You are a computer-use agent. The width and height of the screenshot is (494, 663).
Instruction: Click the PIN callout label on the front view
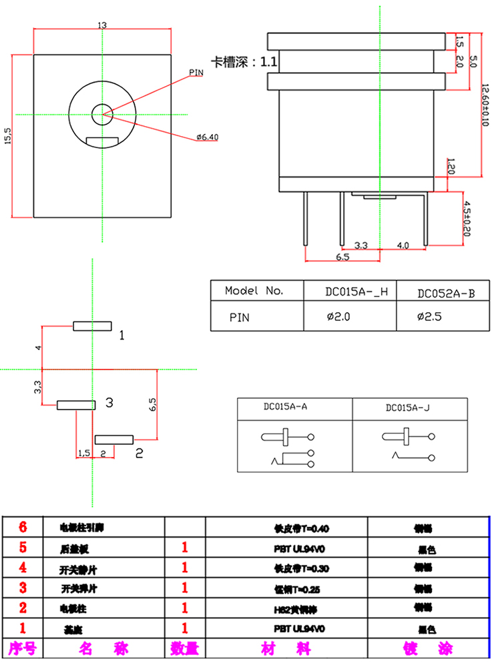[196, 71]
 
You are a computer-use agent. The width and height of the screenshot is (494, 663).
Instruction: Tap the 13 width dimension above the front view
[102, 25]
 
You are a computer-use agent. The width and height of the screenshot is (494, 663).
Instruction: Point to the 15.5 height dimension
[8, 135]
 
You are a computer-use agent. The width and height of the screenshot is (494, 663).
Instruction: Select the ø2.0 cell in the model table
[338, 317]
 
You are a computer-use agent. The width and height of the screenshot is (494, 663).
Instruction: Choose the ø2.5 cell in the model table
[429, 317]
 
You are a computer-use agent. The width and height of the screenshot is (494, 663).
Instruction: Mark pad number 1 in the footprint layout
[92, 326]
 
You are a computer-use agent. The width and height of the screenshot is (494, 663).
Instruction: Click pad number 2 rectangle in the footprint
[115, 440]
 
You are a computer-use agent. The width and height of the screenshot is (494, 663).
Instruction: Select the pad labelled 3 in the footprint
[75, 405]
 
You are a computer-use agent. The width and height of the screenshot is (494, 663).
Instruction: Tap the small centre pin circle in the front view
[102, 114]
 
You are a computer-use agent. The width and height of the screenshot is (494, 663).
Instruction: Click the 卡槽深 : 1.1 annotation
[244, 63]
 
